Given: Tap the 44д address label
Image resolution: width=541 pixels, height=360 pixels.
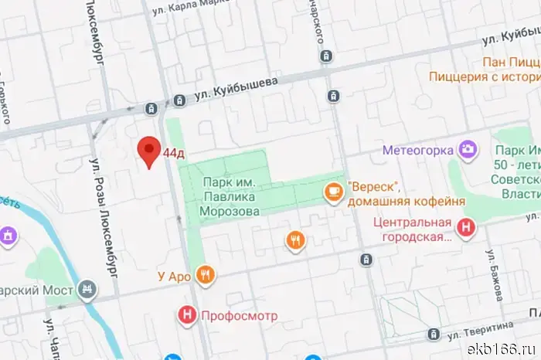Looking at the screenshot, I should [x=174, y=153].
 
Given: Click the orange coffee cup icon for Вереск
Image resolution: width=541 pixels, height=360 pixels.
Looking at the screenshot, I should [x=333, y=190].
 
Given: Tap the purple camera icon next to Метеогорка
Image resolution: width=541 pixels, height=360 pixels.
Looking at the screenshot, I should [x=467, y=148].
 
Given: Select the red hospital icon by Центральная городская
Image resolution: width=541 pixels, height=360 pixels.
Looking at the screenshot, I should [x=466, y=228].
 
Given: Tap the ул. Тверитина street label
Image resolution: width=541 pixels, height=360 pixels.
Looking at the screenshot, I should [x=481, y=329].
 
